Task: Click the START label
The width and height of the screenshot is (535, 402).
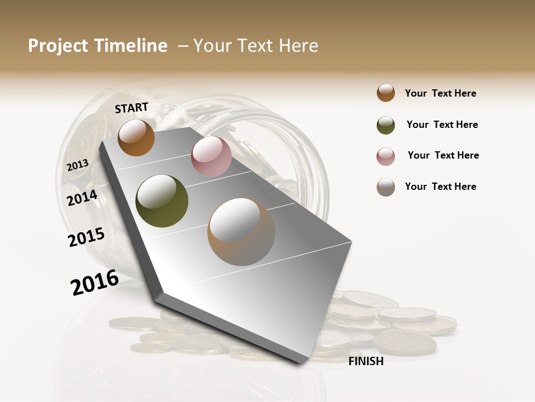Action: coord(132,108)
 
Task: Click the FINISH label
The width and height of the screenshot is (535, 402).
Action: coord(366,361)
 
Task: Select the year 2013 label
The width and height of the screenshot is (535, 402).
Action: coord(77,165)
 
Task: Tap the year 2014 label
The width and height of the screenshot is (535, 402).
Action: coord(82,198)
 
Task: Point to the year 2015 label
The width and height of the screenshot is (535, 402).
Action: coord(86,237)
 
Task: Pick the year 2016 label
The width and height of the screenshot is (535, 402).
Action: coord(95,282)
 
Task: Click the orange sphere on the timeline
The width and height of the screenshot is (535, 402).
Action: coord(136,137)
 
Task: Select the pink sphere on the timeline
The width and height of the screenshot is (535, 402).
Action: coord(211,156)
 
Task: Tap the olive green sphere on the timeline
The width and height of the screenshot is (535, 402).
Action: coord(162,201)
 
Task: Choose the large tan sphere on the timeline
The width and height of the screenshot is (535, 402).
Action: coord(241,232)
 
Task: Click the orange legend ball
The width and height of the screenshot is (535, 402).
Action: coord(386,93)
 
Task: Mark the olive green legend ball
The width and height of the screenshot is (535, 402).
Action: coord(386,125)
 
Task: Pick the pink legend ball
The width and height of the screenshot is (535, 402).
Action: coord(386,156)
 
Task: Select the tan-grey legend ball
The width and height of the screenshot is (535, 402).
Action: coord(386,187)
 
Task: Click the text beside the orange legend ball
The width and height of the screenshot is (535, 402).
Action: coord(440,93)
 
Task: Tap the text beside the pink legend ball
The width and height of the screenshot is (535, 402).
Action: coord(443,155)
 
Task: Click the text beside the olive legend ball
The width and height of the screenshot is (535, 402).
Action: coord(442,125)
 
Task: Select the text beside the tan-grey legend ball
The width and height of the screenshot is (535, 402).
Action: coord(440,186)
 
